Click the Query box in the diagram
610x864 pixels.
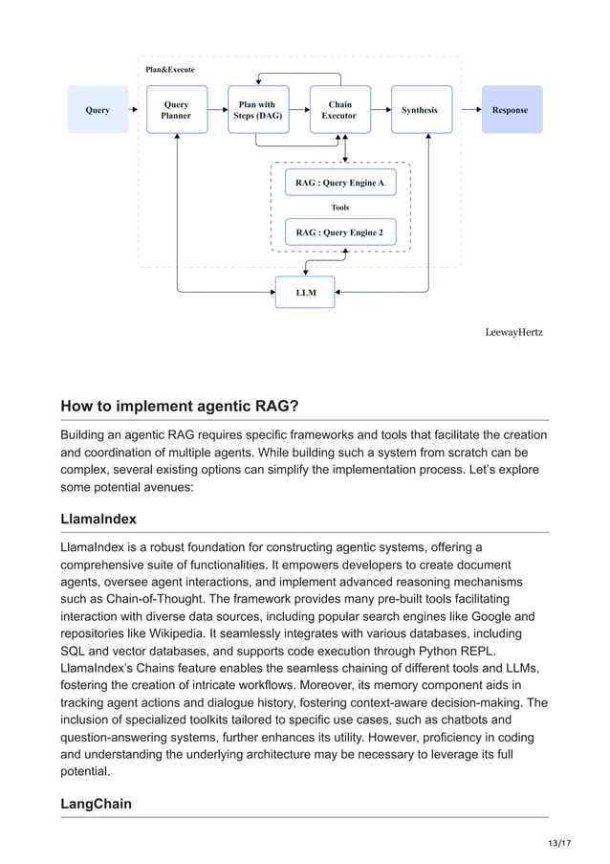[98, 110]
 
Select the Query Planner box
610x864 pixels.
[177, 110]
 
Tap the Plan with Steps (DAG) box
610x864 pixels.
[257, 110]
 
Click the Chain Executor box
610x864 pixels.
[339, 110]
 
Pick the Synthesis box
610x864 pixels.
[420, 110]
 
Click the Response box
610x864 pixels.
[511, 110]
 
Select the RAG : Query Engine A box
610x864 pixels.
[340, 182]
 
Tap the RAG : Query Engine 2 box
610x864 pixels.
[340, 233]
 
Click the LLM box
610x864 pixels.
[305, 292]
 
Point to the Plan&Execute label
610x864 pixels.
[170, 70]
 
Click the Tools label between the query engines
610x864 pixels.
[340, 208]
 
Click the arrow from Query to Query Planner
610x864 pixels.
[137, 110]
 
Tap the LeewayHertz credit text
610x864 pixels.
[513, 332]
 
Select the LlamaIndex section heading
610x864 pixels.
[98, 519]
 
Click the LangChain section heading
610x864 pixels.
[97, 804]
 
